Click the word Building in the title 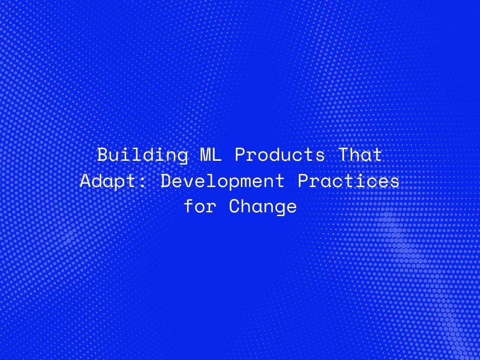142,155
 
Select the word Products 280,155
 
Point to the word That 360,155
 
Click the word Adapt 108,181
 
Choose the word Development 223,181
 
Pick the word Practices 348,181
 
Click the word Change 262,206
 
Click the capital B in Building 103,155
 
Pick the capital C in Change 234,206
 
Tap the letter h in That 354,155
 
